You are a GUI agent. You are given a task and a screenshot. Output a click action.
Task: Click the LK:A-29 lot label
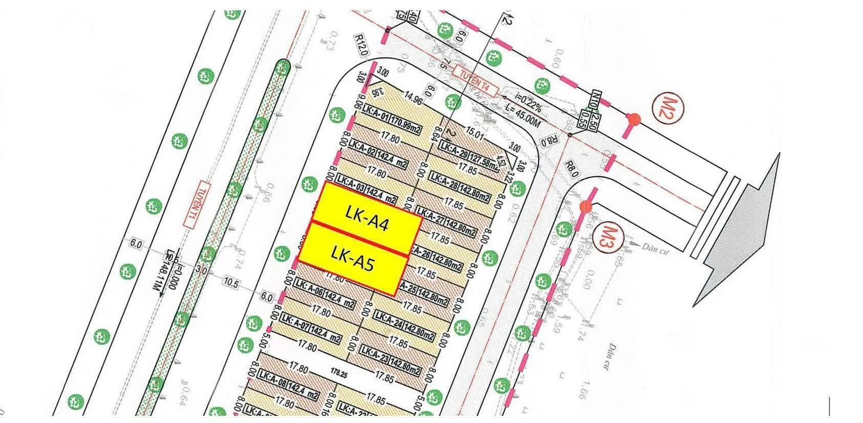[x=455, y=150]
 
